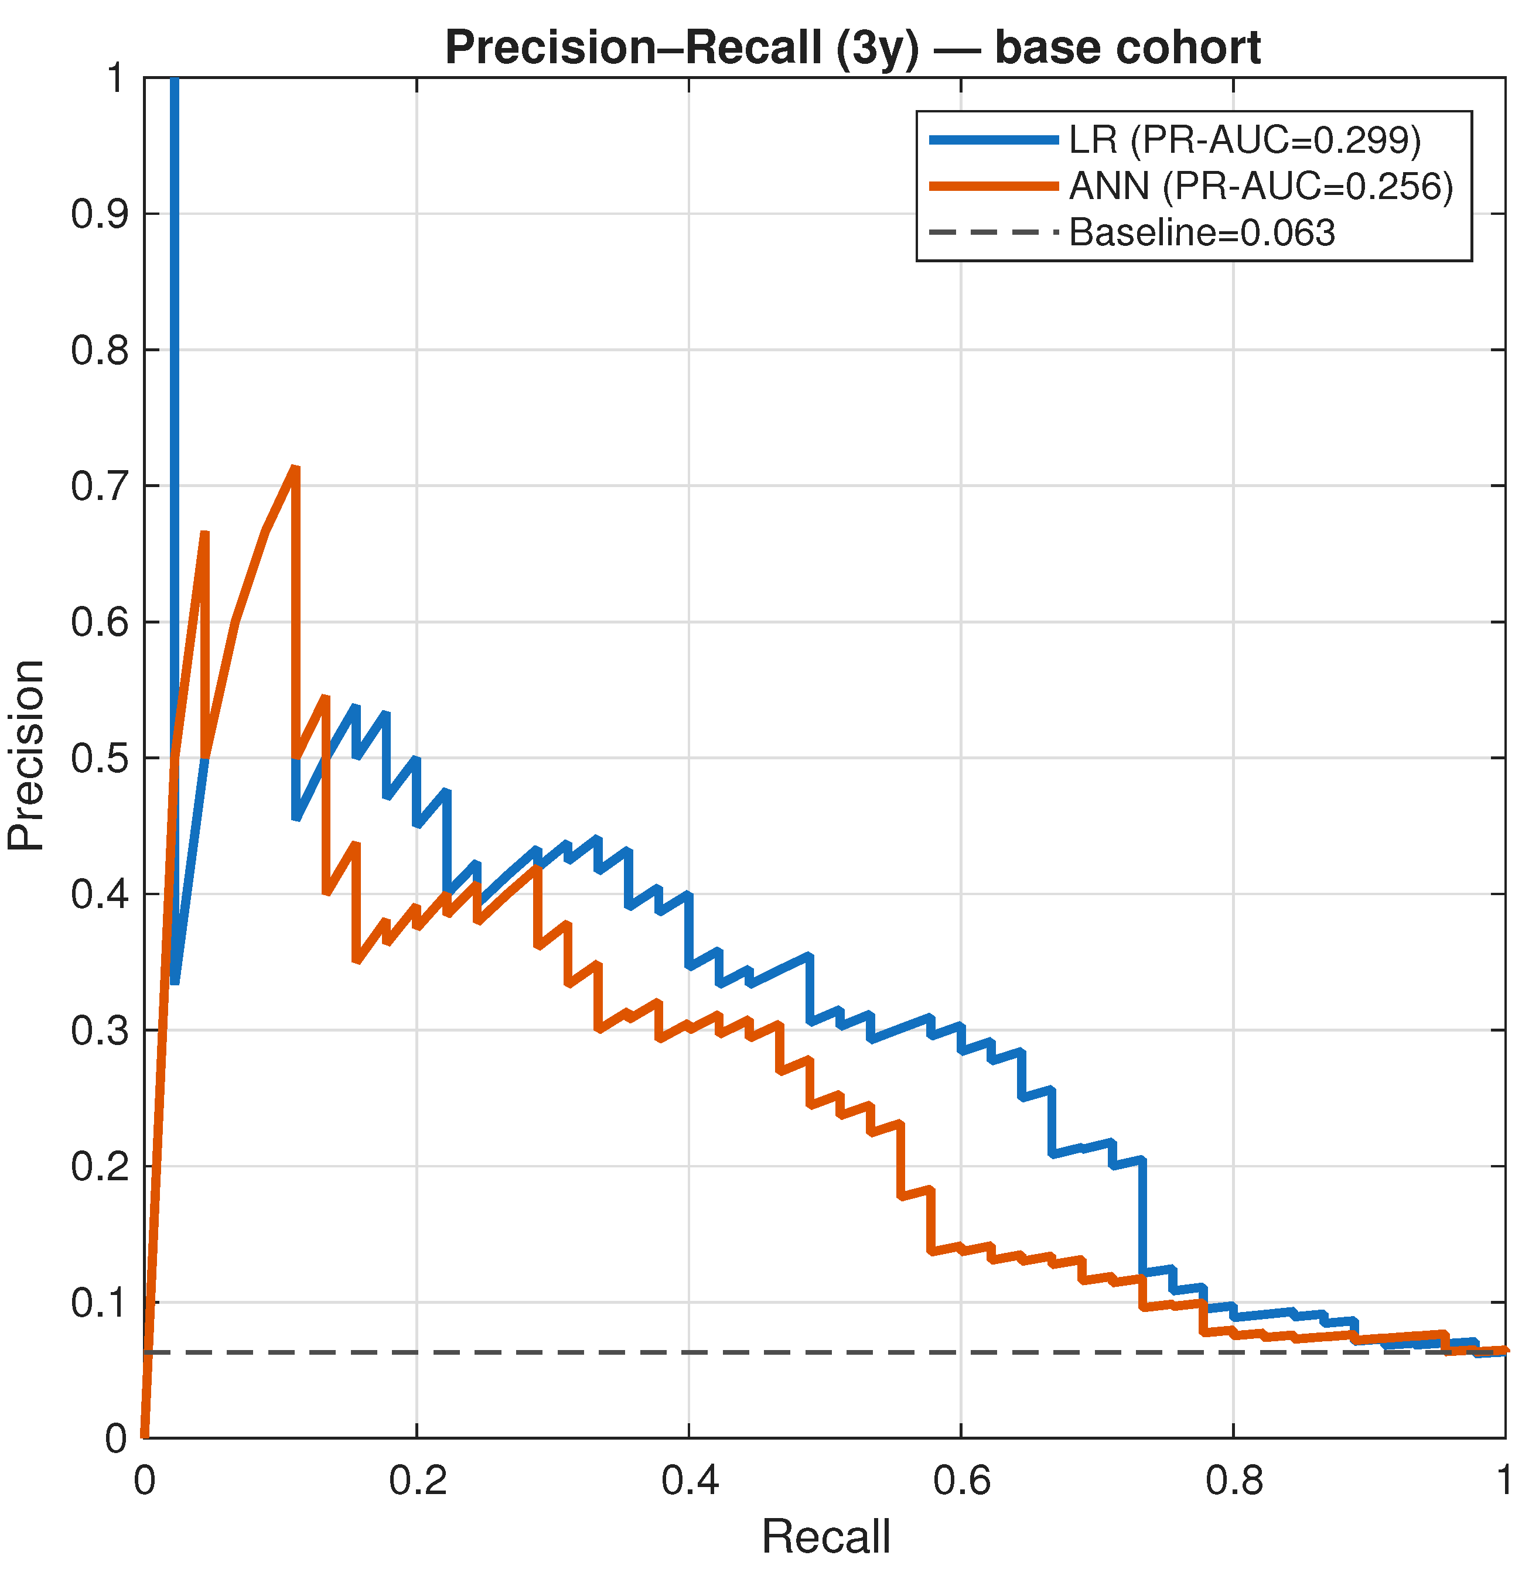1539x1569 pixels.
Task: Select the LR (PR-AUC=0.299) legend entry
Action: tap(1175, 140)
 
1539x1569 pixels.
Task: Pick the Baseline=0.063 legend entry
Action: tap(1132, 232)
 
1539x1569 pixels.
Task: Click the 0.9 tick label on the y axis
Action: tap(100, 214)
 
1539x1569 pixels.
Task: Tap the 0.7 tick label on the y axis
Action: tap(100, 487)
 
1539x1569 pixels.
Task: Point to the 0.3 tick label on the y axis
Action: tap(100, 1030)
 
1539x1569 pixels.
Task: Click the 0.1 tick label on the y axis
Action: tap(100, 1303)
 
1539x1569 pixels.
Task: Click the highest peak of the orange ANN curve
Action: tap(295, 468)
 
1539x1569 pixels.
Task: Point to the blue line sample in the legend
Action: tap(994, 140)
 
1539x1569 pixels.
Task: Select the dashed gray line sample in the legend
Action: tap(994, 232)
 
